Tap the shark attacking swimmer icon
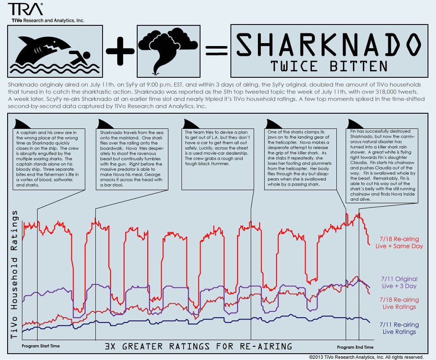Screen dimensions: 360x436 click(x=55, y=49)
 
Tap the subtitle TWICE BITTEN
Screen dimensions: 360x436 click(x=329, y=66)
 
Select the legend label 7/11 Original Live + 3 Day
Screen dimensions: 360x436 click(x=399, y=283)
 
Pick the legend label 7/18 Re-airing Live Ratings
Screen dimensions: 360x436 click(x=399, y=303)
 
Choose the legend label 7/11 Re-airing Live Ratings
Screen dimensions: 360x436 click(x=399, y=328)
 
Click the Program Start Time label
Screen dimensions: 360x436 click(x=41, y=346)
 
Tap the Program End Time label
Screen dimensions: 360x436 click(x=355, y=347)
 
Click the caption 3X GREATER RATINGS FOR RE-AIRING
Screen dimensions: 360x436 click(x=198, y=346)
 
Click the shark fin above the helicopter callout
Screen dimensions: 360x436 click(x=271, y=123)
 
